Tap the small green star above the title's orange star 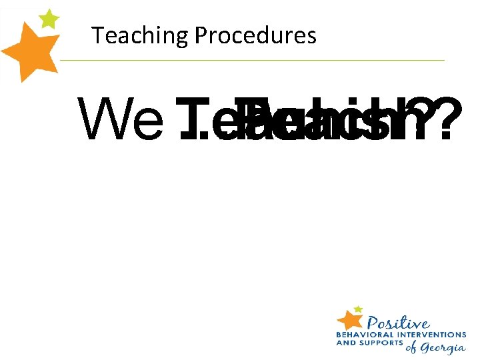pyautogui.click(x=49, y=18)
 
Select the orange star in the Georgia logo pyautogui.click(x=349, y=318)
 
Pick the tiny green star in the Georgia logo pyautogui.click(x=359, y=309)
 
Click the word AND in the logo pyautogui.click(x=346, y=343)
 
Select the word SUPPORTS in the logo pyautogui.click(x=381, y=343)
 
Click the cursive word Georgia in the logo pyautogui.click(x=443, y=348)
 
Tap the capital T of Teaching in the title pyautogui.click(x=97, y=35)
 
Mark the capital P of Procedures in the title pyautogui.click(x=199, y=35)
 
